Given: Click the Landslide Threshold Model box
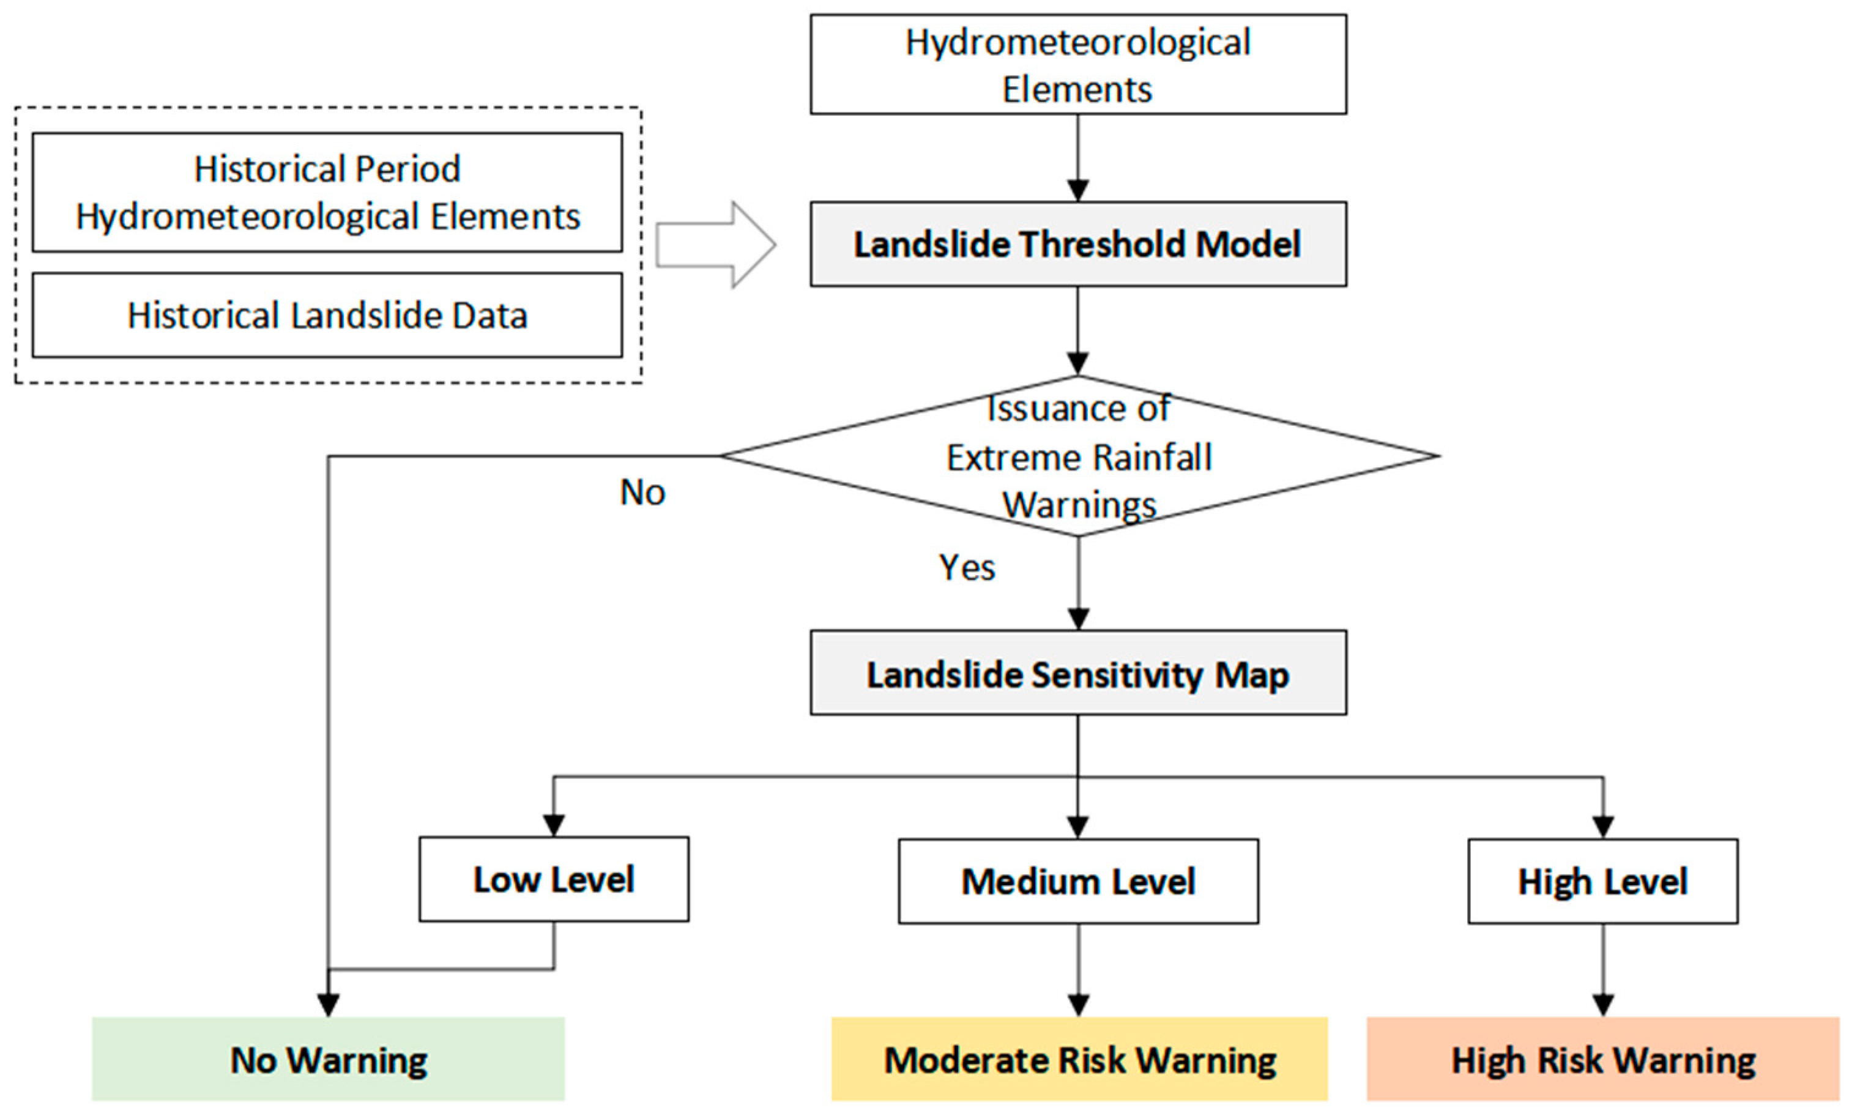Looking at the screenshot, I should (x=1077, y=244).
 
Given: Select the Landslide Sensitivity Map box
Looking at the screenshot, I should (x=1077, y=672).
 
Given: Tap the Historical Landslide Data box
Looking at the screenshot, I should (x=327, y=315).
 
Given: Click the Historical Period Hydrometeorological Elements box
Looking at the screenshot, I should (x=327, y=192).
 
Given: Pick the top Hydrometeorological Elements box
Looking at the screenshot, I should (x=1077, y=64).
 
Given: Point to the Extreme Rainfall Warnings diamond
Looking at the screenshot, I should (x=1077, y=456).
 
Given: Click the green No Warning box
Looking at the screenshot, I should (x=328, y=1059).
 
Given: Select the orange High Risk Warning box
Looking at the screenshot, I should (x=1602, y=1059).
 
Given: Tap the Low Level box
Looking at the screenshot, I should (x=553, y=879).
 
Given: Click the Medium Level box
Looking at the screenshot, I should (x=1077, y=880).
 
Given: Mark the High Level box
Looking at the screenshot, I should (x=1602, y=880).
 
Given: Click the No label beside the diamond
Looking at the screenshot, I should (x=642, y=493).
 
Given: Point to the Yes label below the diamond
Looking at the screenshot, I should (x=967, y=568).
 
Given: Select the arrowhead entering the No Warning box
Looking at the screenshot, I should (x=328, y=1004).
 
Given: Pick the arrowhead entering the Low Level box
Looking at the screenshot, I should (x=553, y=825).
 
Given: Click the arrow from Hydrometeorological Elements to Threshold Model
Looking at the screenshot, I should (x=1077, y=157).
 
